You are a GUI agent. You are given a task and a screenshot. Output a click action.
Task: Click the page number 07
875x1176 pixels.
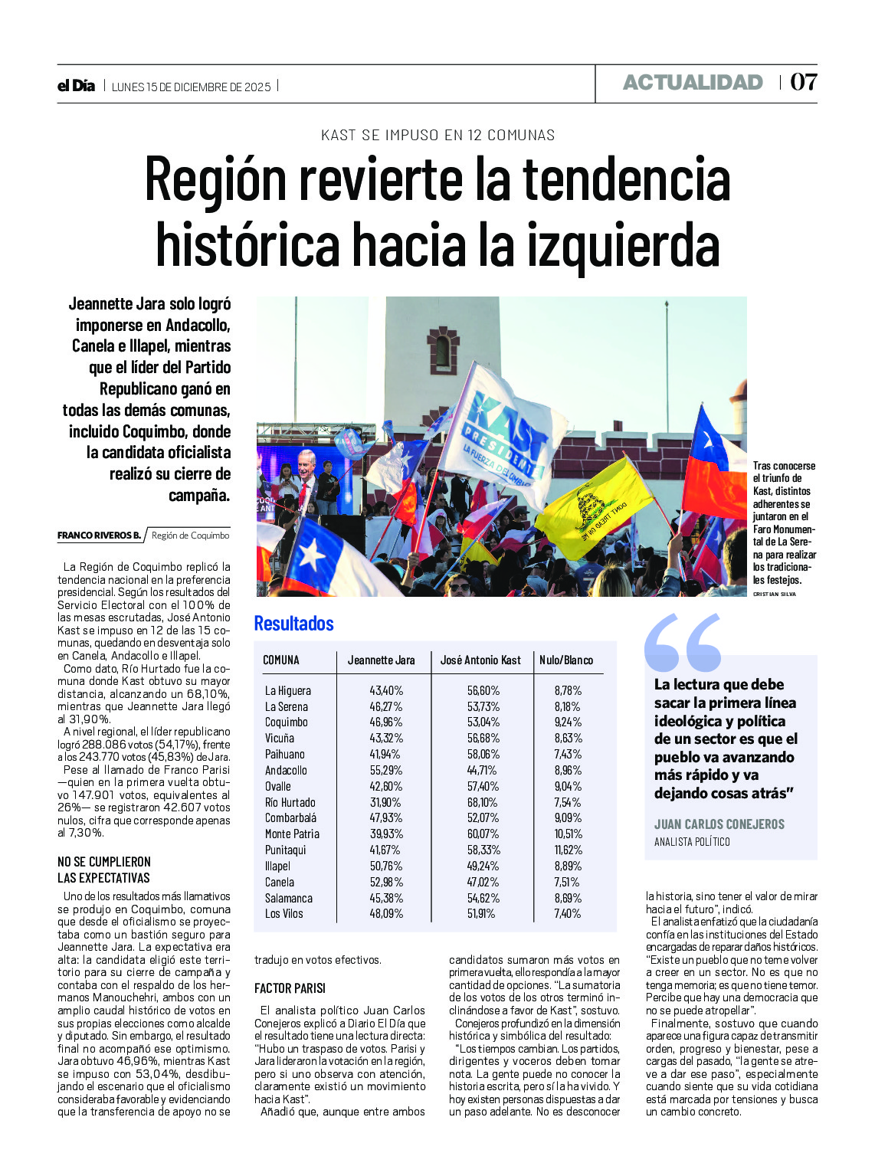803,82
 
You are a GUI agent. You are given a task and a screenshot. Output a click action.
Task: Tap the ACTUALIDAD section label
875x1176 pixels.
693,83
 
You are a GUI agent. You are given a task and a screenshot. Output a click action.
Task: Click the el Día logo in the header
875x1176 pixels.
76,86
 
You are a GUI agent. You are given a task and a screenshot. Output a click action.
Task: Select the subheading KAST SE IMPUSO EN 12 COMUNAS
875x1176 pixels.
437,136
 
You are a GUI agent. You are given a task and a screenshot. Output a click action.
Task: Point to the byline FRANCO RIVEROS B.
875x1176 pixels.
99,536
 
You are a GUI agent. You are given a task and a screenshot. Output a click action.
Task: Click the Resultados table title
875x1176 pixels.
293,624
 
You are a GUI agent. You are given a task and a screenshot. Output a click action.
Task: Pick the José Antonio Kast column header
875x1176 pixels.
480,660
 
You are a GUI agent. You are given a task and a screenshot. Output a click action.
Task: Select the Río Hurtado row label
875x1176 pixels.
290,802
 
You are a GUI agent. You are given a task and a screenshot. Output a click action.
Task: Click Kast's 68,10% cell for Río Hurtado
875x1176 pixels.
483,802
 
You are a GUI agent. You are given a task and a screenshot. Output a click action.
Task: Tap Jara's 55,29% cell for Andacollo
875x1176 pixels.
386,770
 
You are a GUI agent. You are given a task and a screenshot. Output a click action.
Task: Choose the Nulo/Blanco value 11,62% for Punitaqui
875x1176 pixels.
569,850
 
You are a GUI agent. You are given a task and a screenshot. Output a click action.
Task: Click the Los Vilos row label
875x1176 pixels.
283,913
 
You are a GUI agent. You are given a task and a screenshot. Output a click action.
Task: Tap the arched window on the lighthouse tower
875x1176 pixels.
443,350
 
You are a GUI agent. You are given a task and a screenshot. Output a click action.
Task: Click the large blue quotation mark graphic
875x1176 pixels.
682,642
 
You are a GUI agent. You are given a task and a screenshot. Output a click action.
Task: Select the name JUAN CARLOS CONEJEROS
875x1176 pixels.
719,824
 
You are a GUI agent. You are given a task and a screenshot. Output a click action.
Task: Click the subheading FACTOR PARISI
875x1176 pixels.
290,988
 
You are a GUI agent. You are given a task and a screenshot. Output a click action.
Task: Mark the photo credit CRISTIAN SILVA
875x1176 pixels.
774,594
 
